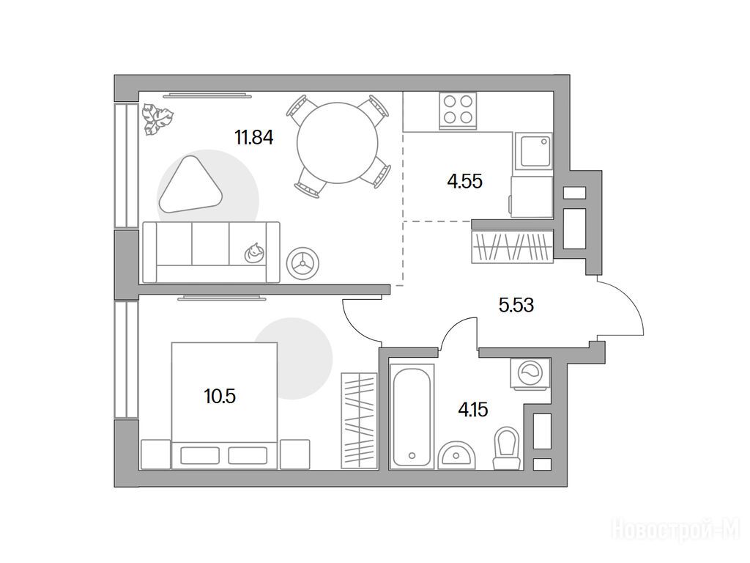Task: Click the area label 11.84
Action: click(254, 138)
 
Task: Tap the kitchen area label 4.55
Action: click(464, 182)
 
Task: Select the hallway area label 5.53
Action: click(516, 304)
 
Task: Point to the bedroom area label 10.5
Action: click(220, 397)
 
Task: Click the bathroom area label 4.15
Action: click(473, 410)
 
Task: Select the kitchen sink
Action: click(533, 151)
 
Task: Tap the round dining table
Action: click(337, 143)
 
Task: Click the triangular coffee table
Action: click(190, 184)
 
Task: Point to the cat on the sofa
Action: click(253, 252)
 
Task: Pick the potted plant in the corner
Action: click(158, 118)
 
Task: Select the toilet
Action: click(507, 448)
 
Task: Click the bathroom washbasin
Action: click(457, 456)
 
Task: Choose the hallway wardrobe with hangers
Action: click(512, 246)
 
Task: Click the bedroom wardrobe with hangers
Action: click(358, 420)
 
